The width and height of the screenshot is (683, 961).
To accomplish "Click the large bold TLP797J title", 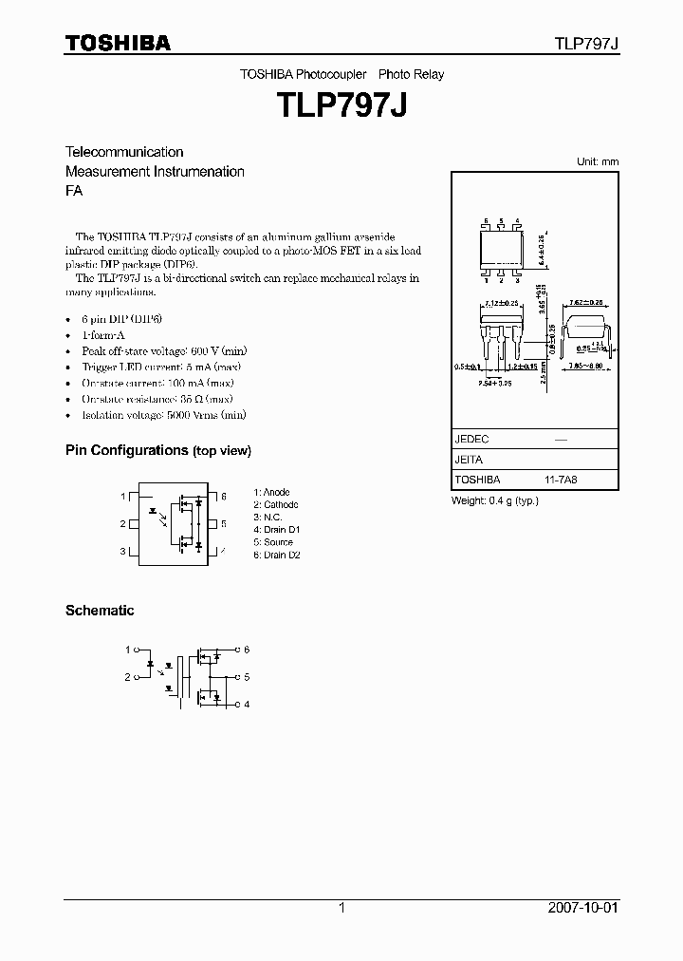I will pyautogui.click(x=341, y=104).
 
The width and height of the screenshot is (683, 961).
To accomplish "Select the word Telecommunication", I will pyautogui.click(x=124, y=152).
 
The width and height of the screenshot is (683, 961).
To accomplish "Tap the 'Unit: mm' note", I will pyautogui.click(x=598, y=161).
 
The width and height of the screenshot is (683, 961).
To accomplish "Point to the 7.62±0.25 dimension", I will pyautogui.click(x=584, y=303).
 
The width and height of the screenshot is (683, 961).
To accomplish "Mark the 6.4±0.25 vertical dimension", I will pyautogui.click(x=542, y=251).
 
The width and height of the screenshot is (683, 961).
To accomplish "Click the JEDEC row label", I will pyautogui.click(x=471, y=440).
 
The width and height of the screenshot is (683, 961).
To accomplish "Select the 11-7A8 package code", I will pyautogui.click(x=561, y=480).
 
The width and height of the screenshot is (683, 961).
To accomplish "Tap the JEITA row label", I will pyautogui.click(x=469, y=460).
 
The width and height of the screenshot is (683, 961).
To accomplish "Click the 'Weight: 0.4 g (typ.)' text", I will pyautogui.click(x=494, y=500).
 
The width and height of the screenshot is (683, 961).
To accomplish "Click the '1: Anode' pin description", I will pyautogui.click(x=271, y=492).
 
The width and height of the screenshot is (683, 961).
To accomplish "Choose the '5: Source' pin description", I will pyautogui.click(x=273, y=542).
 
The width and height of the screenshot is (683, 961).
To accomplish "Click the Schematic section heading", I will pyautogui.click(x=100, y=611).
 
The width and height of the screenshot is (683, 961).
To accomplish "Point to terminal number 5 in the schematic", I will pyautogui.click(x=247, y=677).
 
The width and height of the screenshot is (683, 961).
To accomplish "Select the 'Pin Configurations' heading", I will pyautogui.click(x=157, y=450).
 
